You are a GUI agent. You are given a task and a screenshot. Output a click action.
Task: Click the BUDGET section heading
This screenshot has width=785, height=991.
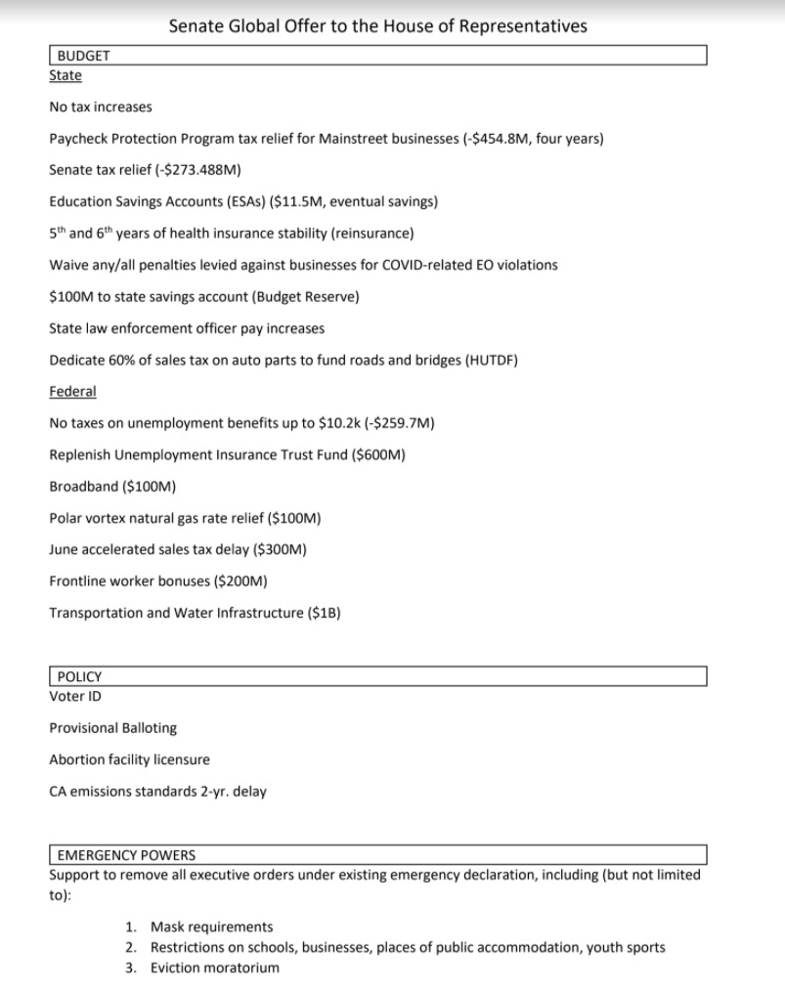tap(84, 56)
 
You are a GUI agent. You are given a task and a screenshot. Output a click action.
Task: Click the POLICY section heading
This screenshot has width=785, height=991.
tap(79, 676)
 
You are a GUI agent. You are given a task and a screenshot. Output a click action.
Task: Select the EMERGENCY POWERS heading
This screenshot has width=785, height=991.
tap(126, 855)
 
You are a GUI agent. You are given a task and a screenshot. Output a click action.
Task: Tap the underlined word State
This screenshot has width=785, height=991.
tap(65, 75)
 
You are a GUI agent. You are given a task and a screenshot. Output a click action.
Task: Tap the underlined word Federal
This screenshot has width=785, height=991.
tap(72, 391)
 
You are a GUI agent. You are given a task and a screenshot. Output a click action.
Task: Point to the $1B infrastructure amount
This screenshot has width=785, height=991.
tap(325, 613)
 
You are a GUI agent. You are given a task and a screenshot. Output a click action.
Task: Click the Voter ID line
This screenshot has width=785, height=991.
tap(75, 696)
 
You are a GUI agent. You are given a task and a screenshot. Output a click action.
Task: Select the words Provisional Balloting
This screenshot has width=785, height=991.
tap(112, 728)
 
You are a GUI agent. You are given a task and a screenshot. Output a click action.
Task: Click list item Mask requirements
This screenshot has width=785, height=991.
tap(211, 926)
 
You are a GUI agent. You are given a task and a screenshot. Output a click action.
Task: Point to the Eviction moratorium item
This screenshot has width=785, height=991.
tap(214, 968)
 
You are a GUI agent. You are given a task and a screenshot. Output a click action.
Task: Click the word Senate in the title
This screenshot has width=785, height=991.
tap(196, 26)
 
